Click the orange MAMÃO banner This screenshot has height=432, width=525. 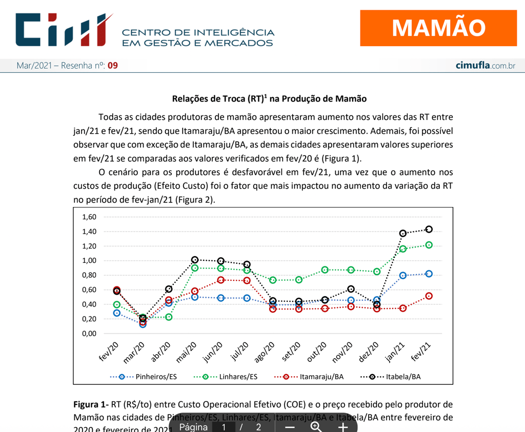(x=439, y=28)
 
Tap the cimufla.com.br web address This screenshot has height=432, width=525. (x=485, y=66)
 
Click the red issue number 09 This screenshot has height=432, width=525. (x=112, y=66)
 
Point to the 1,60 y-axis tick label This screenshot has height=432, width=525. (x=89, y=217)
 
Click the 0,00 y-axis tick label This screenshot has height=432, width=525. (x=89, y=333)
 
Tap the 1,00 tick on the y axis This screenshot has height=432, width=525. (x=89, y=260)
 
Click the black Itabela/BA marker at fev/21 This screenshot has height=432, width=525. (x=429, y=229)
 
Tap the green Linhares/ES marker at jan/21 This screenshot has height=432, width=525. (x=403, y=249)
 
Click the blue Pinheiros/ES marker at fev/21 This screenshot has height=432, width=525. (x=429, y=274)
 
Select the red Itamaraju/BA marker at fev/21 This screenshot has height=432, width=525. (x=429, y=296)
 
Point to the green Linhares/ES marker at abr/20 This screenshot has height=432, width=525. (x=169, y=317)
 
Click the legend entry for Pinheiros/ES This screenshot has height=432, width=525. (x=144, y=377)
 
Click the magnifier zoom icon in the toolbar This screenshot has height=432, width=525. (x=316, y=426)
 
